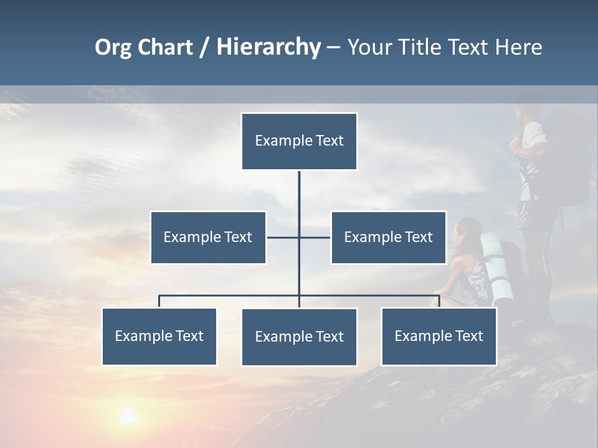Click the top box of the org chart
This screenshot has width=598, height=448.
(x=299, y=141)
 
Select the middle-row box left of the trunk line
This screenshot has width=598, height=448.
(x=208, y=237)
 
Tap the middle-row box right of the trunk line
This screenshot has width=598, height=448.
(x=388, y=237)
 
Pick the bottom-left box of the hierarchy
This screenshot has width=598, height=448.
(x=159, y=336)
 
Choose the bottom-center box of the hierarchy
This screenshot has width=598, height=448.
(x=299, y=337)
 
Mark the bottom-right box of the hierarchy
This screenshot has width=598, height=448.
(x=439, y=336)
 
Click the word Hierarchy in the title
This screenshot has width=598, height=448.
(x=268, y=47)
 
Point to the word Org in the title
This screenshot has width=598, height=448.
(x=113, y=48)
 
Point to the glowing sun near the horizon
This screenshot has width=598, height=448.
(x=128, y=415)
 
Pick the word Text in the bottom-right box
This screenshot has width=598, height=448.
(x=470, y=336)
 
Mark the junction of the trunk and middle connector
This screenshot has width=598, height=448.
(x=299, y=237)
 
